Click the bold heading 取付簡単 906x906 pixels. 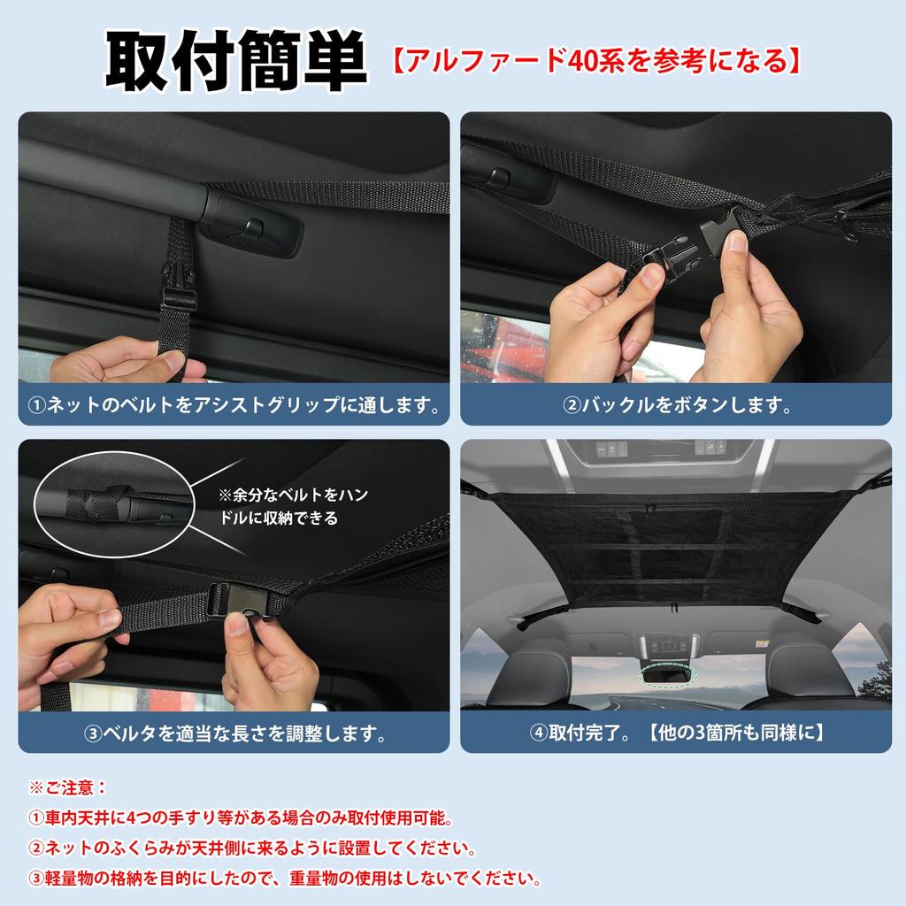tap(235, 63)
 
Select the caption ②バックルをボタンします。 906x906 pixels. tap(677, 406)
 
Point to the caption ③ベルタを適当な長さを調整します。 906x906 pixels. tap(234, 733)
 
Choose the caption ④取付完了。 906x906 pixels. tap(677, 733)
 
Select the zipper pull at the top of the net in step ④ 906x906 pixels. tap(650, 508)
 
